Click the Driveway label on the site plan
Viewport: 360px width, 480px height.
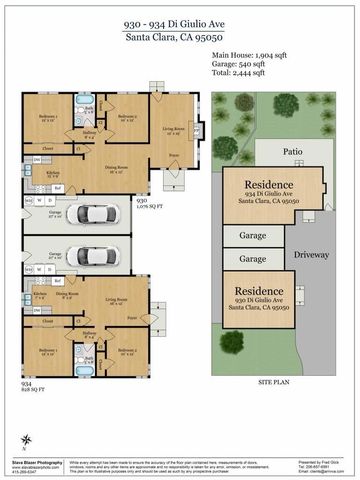[x=312, y=255]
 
